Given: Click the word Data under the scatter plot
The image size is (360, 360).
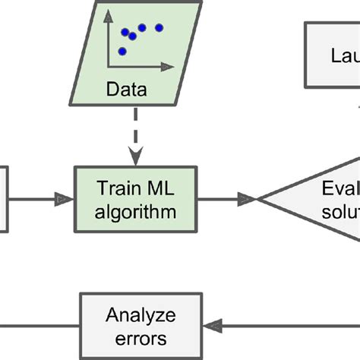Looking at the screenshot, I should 127,91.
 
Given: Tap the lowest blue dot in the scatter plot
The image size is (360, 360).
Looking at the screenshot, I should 122,52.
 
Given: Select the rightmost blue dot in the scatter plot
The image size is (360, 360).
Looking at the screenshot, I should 159,28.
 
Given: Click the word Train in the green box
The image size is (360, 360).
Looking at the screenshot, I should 113,188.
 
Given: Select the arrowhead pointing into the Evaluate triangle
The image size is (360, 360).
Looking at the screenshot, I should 246,199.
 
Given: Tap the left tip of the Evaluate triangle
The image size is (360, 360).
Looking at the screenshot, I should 259,199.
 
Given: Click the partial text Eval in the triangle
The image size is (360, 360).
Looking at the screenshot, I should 338,188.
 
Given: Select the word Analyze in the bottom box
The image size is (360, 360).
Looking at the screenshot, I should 141,314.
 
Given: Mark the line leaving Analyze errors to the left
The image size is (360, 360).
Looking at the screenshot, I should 38,325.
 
